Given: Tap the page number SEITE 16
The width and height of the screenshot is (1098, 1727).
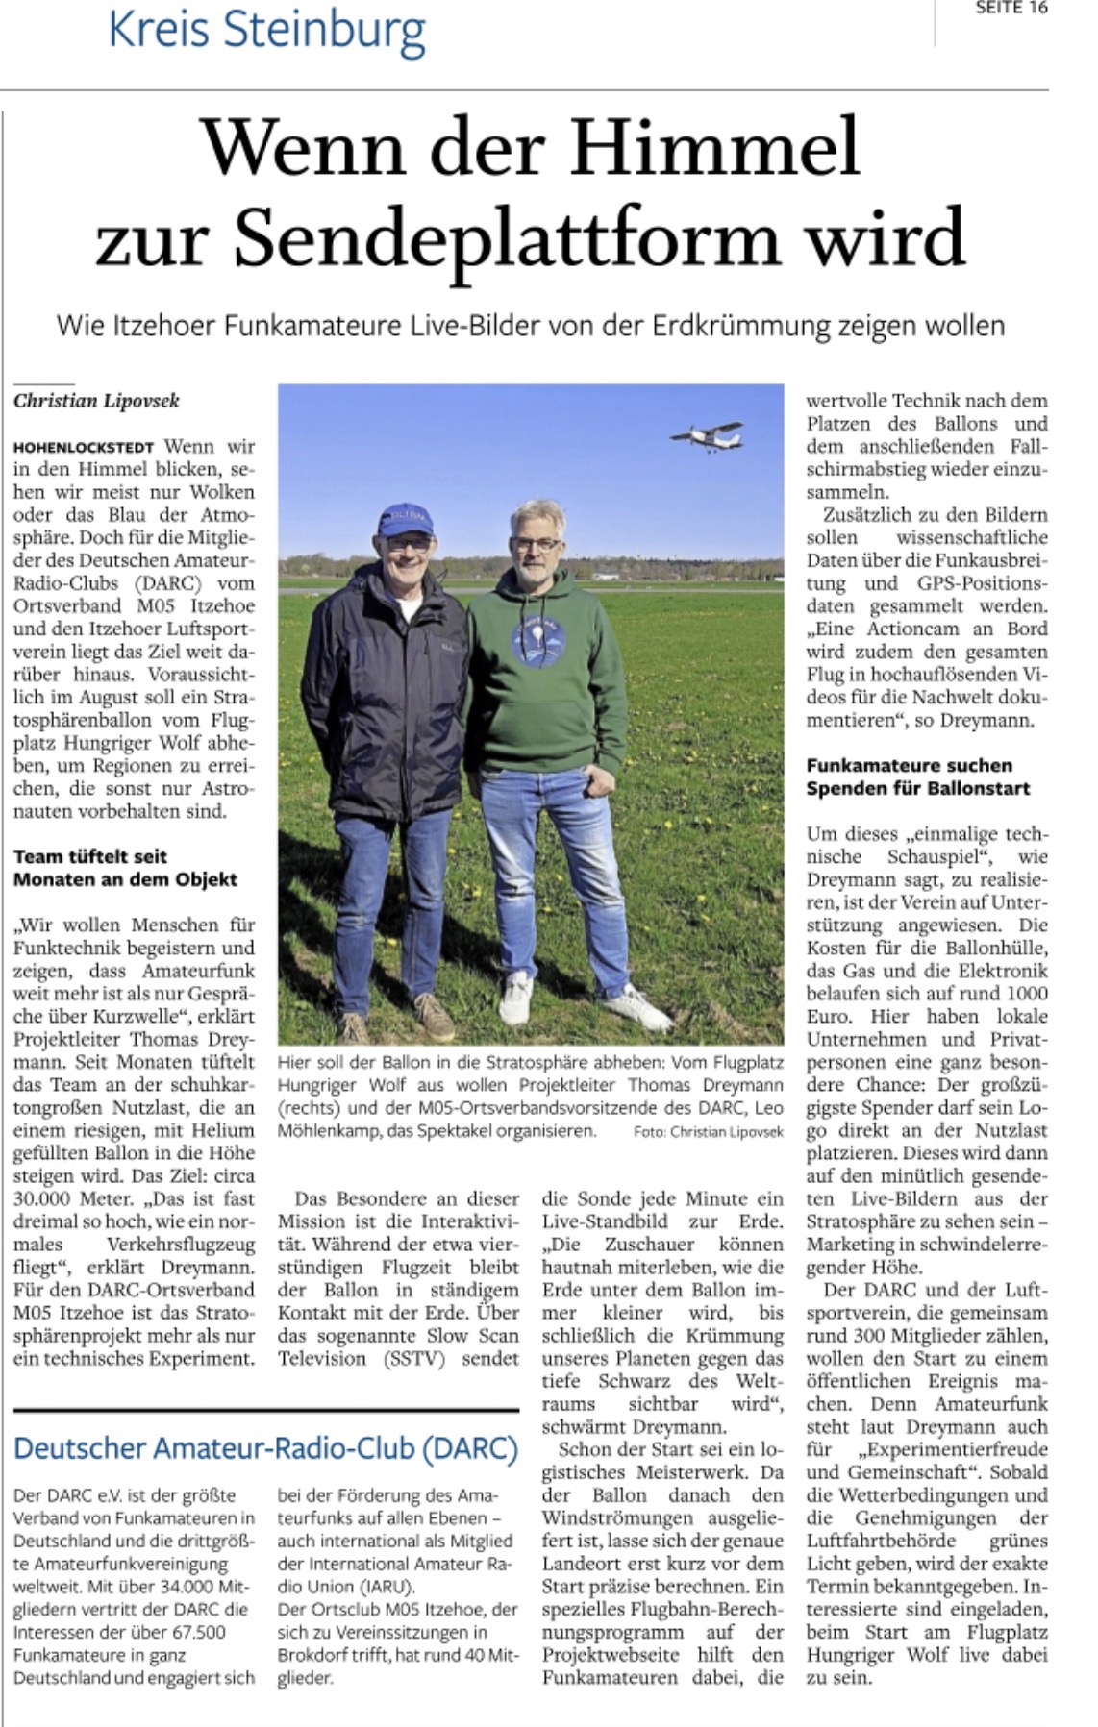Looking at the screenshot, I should click(x=1011, y=9).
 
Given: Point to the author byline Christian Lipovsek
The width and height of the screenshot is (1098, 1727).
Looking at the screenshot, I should click(x=96, y=401).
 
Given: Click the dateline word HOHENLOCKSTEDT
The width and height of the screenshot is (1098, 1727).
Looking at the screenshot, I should click(x=84, y=448).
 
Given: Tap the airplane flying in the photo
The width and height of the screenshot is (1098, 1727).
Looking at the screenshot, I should click(x=707, y=436).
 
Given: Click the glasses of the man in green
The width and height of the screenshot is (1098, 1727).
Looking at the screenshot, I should click(x=535, y=544).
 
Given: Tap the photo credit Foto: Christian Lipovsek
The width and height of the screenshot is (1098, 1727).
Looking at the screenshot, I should click(x=708, y=1132).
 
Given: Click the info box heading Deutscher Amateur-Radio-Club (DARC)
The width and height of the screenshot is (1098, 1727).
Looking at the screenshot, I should click(x=265, y=1447).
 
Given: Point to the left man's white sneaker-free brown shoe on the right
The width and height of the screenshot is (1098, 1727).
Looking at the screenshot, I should click(x=434, y=1017).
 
